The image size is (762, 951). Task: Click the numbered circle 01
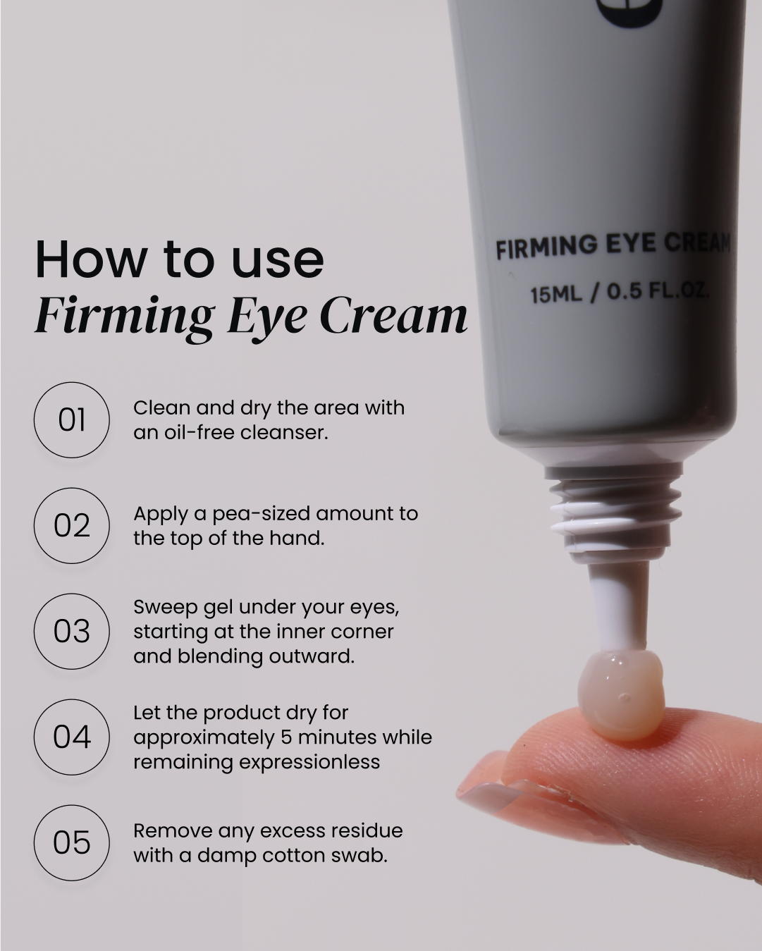click(72, 420)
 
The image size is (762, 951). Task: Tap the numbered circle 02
click(72, 526)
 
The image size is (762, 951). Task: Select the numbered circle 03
click(72, 632)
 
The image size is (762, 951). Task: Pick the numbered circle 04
click(72, 737)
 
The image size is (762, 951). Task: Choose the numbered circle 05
click(72, 843)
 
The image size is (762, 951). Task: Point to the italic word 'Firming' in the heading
click(124, 317)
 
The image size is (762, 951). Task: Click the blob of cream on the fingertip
click(620, 694)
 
